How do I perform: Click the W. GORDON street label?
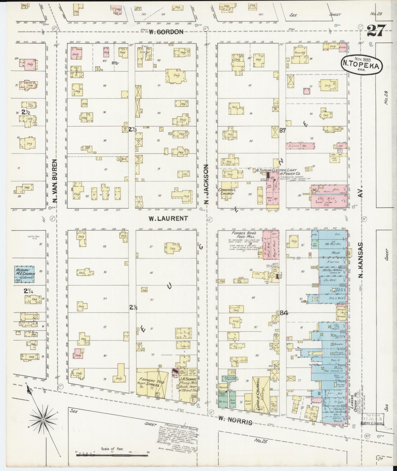click(x=166, y=32)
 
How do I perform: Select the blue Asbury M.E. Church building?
click(x=25, y=274)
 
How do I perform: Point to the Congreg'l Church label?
click(x=226, y=192)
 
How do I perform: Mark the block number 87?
click(x=282, y=131)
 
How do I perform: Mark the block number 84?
click(x=284, y=312)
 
